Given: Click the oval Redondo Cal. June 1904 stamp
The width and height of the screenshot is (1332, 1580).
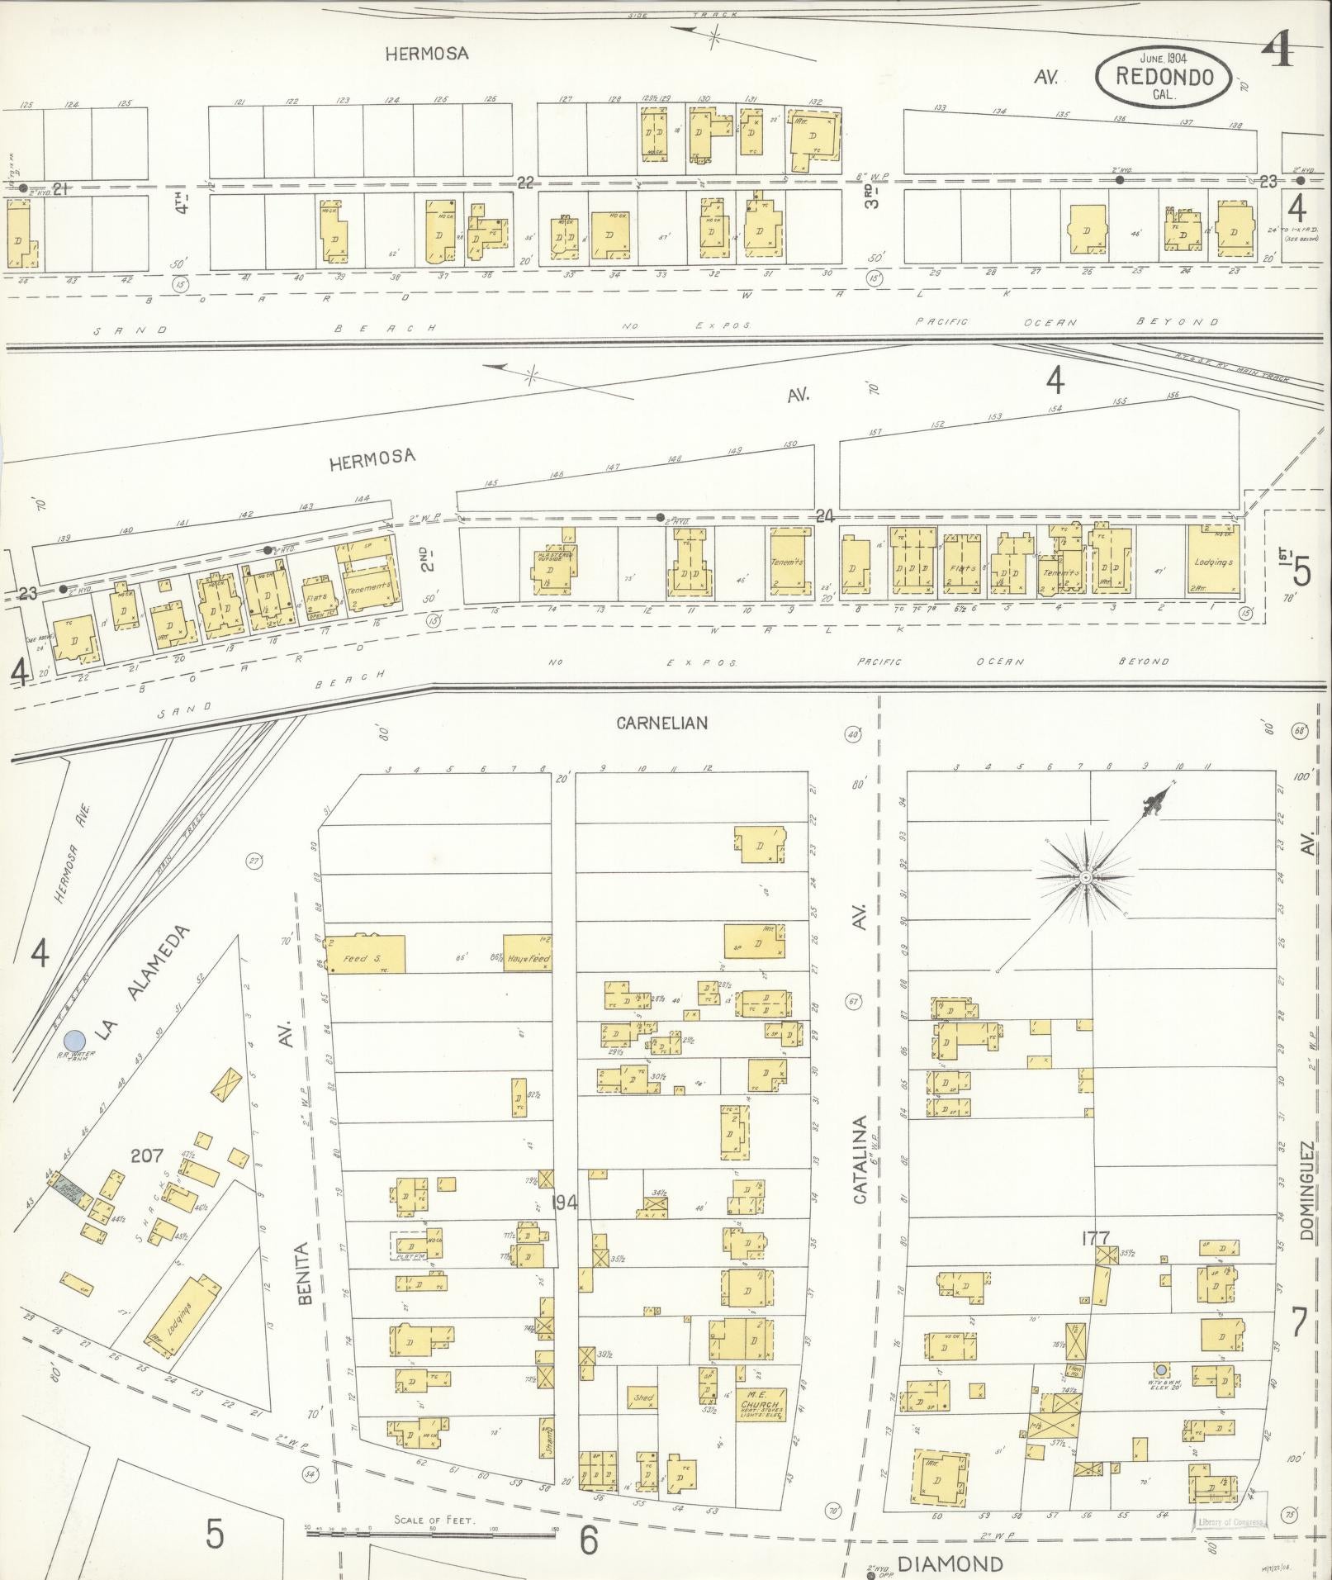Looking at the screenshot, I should click(1164, 77).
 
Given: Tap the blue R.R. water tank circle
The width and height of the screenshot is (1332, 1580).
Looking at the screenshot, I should click(75, 1040).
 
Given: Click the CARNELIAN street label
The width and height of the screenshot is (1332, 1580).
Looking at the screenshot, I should click(661, 723).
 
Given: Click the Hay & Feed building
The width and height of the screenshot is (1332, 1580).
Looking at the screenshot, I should click(527, 955).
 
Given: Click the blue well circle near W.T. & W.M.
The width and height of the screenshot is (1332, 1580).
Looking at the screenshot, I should click(1161, 1369).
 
